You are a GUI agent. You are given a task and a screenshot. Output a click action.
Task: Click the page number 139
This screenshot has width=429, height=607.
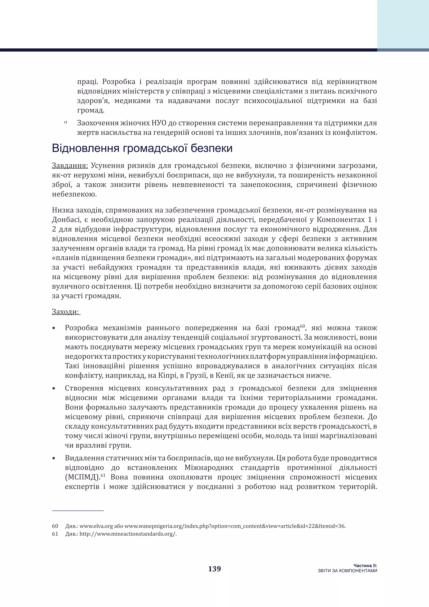[214, 569]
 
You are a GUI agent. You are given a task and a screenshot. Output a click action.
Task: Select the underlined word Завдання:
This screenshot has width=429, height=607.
[70, 166]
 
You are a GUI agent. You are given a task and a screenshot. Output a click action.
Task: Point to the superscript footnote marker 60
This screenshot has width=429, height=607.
[302, 326]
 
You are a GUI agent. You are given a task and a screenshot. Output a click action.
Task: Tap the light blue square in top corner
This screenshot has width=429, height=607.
[403, 24]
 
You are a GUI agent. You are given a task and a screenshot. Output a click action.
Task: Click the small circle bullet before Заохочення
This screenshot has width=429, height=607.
[65, 122]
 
